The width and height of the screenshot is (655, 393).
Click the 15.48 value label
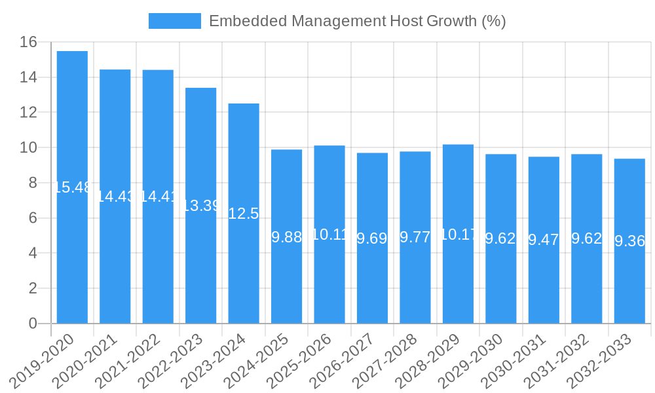[x=72, y=187]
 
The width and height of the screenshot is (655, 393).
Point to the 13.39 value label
[x=200, y=206]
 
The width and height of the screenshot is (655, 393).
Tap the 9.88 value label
[x=286, y=237]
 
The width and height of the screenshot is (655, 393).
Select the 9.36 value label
[x=629, y=241]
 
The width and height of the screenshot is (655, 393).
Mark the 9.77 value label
[x=415, y=237]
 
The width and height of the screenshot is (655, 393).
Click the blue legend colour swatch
[x=174, y=21]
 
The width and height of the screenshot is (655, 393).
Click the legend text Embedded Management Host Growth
[x=357, y=21]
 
